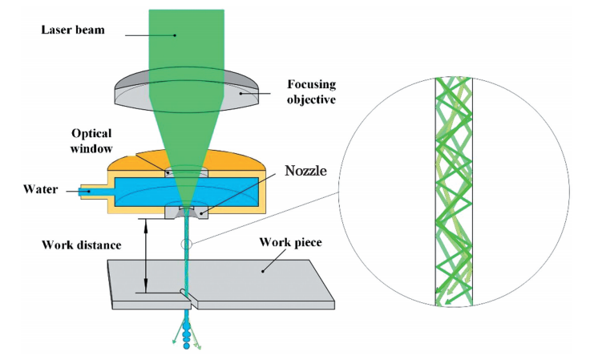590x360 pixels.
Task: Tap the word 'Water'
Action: pos(38,190)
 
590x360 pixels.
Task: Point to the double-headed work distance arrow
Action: pos(146,256)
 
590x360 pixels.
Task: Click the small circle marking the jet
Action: pos(188,245)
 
